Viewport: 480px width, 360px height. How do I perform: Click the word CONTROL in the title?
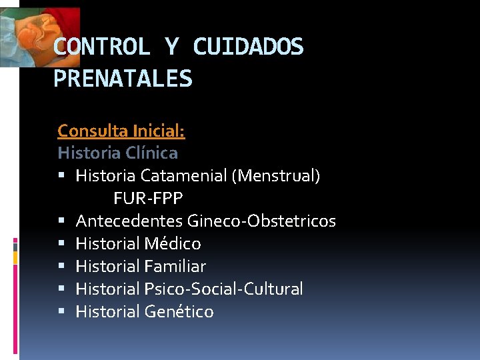click(101, 47)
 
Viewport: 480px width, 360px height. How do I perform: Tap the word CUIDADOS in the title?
click(248, 47)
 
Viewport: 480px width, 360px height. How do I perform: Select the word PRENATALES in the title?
click(123, 79)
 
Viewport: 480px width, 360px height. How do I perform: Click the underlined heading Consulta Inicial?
click(121, 131)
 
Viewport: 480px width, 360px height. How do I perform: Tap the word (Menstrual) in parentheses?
click(275, 176)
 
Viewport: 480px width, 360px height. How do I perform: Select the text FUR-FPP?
click(148, 199)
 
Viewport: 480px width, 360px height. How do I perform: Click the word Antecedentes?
click(129, 221)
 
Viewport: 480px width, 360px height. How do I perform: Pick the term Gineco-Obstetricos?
click(261, 221)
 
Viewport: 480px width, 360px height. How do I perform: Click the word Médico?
click(173, 244)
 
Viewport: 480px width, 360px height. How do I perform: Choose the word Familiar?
click(175, 267)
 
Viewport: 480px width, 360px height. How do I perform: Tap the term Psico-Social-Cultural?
click(223, 289)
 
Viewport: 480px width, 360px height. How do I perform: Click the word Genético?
click(179, 312)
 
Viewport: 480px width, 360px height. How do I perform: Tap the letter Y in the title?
click(172, 47)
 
